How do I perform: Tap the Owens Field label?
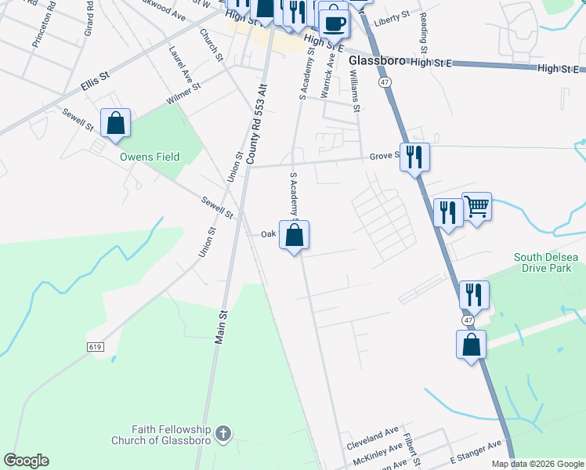pos(149,157)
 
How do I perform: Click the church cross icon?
pos(223,432)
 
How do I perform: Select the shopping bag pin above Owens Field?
pos(116,124)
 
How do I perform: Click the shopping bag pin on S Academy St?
pos(295,235)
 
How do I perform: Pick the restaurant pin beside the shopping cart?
pos(448,214)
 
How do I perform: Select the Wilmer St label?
pos(183,96)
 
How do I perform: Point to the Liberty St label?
pos(392,15)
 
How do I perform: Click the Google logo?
pos(26,461)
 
